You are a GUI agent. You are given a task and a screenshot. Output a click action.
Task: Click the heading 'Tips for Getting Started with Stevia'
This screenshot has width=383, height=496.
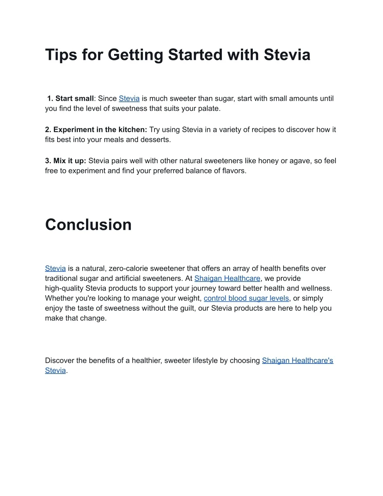point(178,55)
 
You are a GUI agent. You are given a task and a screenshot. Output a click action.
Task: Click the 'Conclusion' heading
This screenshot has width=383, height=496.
point(88,225)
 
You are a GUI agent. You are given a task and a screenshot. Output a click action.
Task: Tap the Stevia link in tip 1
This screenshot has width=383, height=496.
point(129,98)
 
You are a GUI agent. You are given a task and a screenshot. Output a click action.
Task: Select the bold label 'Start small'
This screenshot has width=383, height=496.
point(74,98)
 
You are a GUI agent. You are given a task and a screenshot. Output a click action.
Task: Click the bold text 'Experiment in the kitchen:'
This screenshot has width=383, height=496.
point(96,130)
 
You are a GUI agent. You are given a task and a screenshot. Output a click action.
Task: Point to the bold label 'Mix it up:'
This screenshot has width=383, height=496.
point(66,161)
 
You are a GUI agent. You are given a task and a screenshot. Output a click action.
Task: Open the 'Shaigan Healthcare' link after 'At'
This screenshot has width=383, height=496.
point(227,279)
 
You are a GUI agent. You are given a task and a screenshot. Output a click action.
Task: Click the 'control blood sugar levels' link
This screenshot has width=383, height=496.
point(246,298)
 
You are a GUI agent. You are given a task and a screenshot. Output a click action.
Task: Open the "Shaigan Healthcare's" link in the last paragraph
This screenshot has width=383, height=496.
point(297,360)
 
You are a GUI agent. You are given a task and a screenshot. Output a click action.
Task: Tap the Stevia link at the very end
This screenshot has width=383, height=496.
point(55,371)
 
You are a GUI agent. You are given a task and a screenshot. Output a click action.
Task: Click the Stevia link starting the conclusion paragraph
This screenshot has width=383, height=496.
point(55,268)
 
